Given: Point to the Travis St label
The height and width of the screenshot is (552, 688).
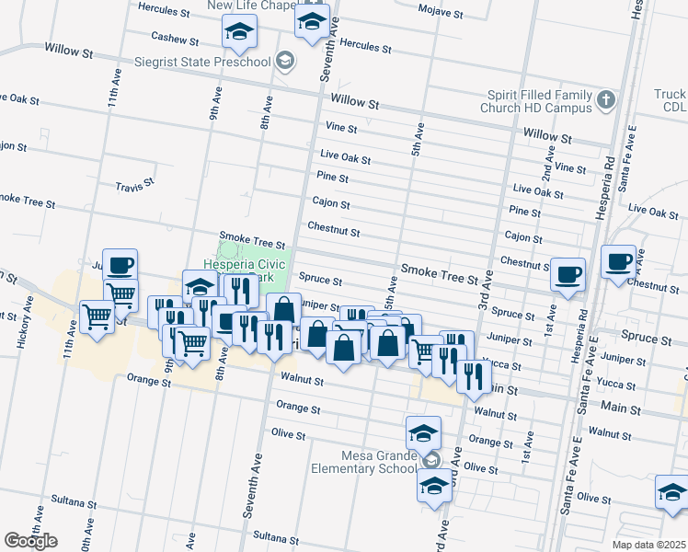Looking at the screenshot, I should coord(134,187).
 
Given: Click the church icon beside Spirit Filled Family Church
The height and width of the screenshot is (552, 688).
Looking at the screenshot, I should coord(605,98).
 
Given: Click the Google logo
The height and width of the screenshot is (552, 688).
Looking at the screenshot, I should coord(30,541).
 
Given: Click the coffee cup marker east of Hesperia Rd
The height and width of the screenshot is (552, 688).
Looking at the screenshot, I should coord(618,261).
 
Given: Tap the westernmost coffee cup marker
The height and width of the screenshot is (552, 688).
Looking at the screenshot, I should coord(120,265).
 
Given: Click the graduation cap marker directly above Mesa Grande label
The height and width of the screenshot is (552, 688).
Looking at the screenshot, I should coord(423,432).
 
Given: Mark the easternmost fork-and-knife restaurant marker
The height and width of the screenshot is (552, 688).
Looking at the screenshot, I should coord(473,374).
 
